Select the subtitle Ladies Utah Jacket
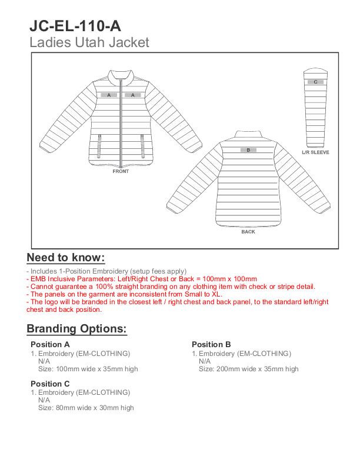click(x=89, y=42)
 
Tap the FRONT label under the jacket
click(x=121, y=172)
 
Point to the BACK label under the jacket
click(x=248, y=232)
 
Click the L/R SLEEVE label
click(x=315, y=152)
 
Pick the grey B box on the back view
click(x=248, y=150)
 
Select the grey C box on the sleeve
click(x=315, y=82)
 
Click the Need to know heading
click(x=66, y=258)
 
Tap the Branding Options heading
click(x=76, y=329)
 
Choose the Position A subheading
click(x=50, y=344)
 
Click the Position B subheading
click(x=211, y=344)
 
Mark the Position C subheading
click(x=50, y=384)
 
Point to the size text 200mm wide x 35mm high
click(x=248, y=369)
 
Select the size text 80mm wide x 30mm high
click(x=86, y=407)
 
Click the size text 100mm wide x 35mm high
click(x=88, y=369)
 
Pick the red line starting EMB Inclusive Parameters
click(x=142, y=279)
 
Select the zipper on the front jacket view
click(x=121, y=124)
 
